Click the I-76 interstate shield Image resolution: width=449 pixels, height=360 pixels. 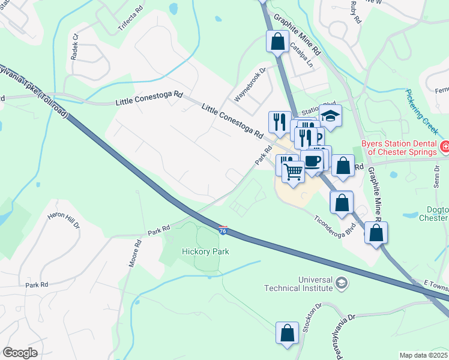[x=223, y=230]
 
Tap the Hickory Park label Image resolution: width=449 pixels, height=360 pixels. [x=206, y=251]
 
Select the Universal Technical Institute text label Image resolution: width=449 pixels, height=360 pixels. [x=298, y=284]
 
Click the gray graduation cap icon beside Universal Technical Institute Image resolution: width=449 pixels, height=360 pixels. [x=342, y=282]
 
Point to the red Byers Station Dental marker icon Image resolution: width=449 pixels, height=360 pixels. [x=445, y=147]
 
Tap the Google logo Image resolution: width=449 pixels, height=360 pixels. [x=20, y=352]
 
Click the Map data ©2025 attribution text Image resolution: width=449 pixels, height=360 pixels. [x=423, y=355]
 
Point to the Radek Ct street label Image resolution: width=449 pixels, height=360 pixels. [x=75, y=46]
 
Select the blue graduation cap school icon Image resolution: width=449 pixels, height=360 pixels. [x=330, y=115]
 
